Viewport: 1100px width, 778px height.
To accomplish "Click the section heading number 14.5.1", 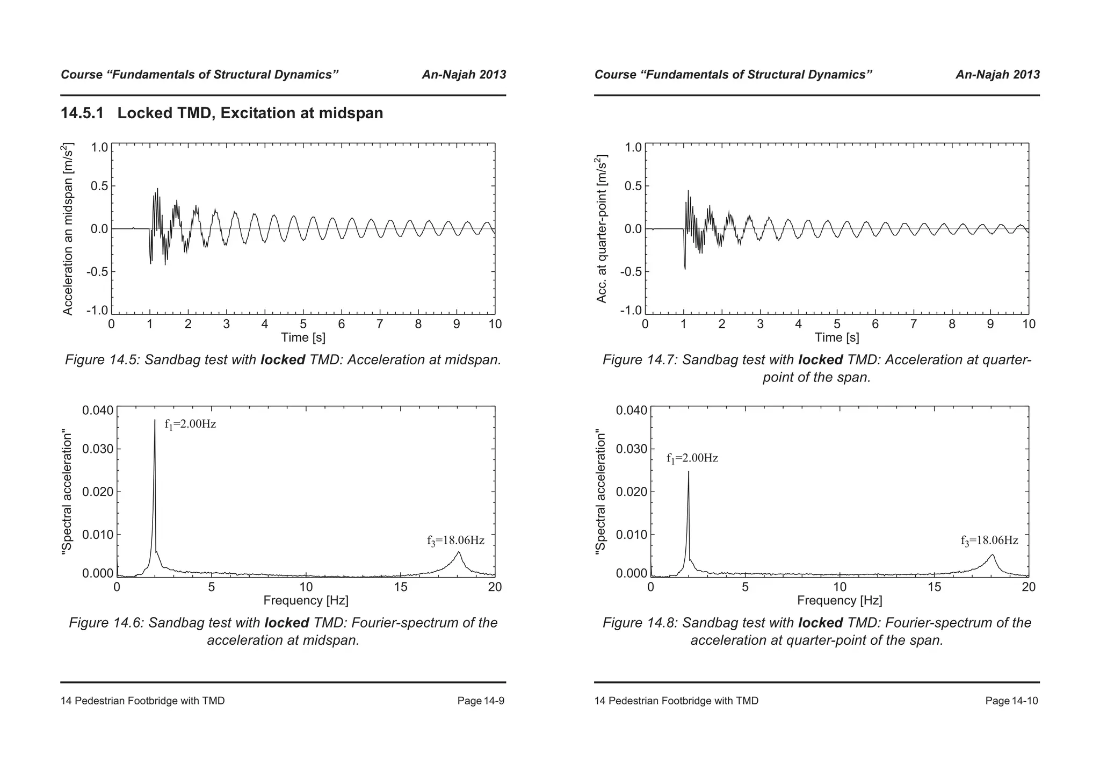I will tap(82, 113).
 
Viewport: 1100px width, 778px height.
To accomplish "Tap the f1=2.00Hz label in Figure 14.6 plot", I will tap(190, 424).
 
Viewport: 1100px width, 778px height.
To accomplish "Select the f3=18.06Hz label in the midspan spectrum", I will tap(455, 541).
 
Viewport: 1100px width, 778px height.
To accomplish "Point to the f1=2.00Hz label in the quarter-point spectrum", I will tap(692, 458).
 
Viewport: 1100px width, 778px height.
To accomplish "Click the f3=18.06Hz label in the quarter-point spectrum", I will tap(989, 541).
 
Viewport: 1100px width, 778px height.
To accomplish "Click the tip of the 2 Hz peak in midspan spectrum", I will tap(155, 421).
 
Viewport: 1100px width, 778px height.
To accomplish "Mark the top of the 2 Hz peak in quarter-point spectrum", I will tap(689, 472).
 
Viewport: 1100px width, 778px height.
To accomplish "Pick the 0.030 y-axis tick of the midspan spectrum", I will tap(98, 449).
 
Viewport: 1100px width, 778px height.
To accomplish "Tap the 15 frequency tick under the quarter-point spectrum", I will tap(935, 587).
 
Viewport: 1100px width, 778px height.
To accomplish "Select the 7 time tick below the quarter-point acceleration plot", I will tap(914, 324).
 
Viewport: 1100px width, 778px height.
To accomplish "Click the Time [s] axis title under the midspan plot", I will tap(303, 337).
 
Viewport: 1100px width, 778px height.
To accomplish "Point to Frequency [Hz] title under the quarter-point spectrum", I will tap(840, 600).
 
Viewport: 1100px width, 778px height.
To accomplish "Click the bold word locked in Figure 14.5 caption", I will tap(283, 360).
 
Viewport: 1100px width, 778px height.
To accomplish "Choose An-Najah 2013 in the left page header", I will tap(464, 75).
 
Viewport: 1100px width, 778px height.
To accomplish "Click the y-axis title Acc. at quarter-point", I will tap(602, 228).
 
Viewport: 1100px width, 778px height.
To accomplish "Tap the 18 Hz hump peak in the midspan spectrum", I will tap(459, 552).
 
